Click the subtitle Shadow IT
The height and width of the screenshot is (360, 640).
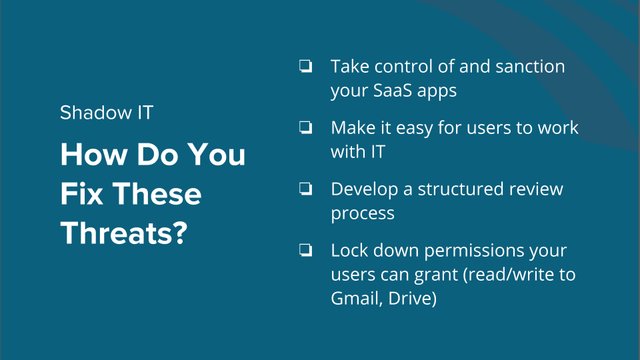pos(107,113)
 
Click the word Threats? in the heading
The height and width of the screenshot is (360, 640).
pos(124,233)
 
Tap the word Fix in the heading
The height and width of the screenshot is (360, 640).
pos(81,193)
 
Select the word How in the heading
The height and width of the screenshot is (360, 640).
pos(94,154)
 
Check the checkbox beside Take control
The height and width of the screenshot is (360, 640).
pos(306,66)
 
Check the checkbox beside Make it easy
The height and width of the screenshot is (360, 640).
pos(306,127)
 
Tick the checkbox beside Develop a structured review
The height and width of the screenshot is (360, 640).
pos(306,189)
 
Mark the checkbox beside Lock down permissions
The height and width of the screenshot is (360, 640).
pos(306,250)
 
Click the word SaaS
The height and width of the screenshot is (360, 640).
pos(392,90)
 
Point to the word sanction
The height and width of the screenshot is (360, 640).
pos(530,67)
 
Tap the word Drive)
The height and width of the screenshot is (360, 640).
pos(413,299)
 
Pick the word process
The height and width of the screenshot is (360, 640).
pos(363,214)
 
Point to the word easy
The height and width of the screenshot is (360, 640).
pos(414,129)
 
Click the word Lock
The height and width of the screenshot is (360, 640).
pos(349,250)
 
